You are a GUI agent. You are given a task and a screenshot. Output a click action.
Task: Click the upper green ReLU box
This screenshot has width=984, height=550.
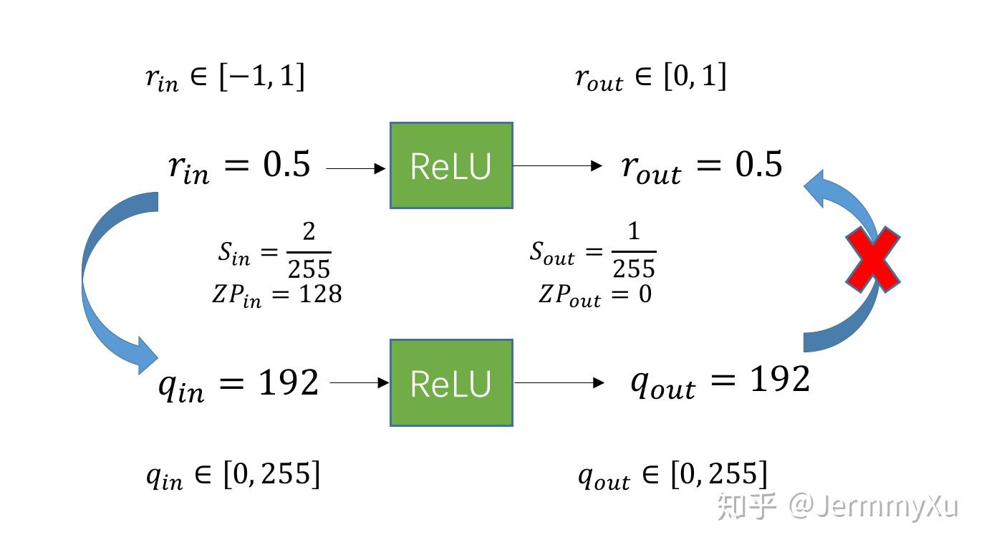click(451, 165)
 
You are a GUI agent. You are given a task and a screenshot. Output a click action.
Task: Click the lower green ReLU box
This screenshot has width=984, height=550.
click(451, 383)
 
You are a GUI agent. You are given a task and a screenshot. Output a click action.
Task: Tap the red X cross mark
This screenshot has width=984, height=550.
click(872, 259)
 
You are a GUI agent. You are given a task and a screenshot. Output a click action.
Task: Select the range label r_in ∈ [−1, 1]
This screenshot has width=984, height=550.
click(225, 77)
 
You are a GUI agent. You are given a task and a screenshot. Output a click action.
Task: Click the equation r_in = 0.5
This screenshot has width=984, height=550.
click(239, 166)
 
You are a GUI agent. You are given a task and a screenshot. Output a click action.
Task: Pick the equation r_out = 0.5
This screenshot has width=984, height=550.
click(702, 166)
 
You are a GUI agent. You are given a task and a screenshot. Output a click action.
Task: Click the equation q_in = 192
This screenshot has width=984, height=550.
click(238, 385)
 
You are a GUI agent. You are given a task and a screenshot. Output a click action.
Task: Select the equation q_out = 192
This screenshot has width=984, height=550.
click(720, 380)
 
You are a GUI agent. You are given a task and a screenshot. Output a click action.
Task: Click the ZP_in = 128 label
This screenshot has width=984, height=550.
click(276, 294)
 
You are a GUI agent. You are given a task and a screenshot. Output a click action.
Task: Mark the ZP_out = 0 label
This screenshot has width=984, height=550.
click(595, 294)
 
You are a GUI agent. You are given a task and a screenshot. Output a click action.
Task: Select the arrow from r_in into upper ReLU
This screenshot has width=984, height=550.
click(356, 169)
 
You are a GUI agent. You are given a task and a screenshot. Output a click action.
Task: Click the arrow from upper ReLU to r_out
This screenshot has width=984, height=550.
click(558, 166)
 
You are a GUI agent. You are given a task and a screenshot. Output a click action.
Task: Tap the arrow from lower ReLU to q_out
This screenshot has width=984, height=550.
click(559, 383)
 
